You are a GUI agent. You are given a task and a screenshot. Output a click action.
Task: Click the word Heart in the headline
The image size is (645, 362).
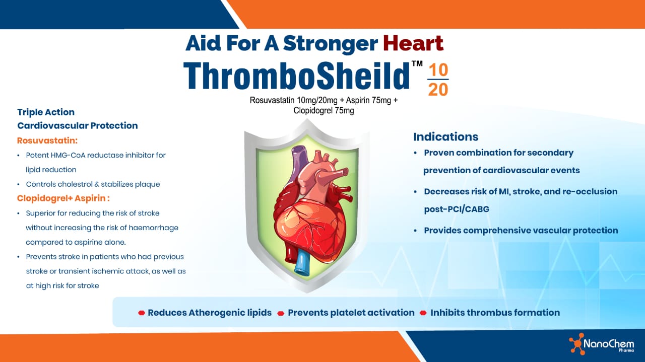(413, 43)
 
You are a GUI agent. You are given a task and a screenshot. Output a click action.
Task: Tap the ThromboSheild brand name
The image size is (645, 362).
(296, 76)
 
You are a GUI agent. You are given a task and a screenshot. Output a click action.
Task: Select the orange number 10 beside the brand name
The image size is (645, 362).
(437, 70)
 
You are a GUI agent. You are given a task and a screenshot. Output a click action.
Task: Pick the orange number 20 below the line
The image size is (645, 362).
(437, 90)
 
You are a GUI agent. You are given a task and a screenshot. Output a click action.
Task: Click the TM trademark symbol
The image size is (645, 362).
(417, 64)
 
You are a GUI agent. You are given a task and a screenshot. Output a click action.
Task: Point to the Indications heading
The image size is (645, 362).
(445, 136)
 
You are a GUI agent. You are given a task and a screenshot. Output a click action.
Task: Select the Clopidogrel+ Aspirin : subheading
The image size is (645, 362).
(63, 198)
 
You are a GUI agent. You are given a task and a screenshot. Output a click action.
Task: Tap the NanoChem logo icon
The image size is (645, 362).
(576, 343)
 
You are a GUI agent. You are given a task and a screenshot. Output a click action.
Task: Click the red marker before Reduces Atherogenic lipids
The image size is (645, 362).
(142, 313)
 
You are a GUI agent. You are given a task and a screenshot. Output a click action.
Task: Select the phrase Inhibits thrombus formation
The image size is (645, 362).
(495, 313)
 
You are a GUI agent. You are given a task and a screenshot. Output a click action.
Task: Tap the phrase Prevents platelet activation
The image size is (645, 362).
(351, 313)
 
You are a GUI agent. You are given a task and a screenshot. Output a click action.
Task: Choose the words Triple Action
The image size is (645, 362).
(46, 112)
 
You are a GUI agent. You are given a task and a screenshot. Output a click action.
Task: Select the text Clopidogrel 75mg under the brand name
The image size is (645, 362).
(324, 110)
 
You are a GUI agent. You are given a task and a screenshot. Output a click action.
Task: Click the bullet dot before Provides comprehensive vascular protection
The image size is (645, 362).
(415, 231)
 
